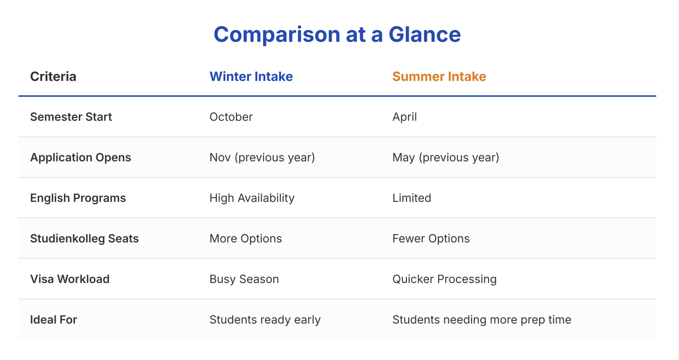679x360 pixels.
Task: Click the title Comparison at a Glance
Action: point(337,34)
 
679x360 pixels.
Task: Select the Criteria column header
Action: point(53,76)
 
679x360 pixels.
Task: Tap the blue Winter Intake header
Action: point(251,76)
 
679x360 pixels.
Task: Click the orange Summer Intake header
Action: point(439,76)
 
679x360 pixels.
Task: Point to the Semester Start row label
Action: point(71,117)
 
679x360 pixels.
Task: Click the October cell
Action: point(231,117)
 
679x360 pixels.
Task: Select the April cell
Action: point(405,117)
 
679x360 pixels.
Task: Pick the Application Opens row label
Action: point(81,157)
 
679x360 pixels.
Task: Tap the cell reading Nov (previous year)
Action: point(262,157)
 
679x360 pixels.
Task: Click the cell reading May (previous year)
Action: point(446,157)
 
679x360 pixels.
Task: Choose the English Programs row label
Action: point(78,198)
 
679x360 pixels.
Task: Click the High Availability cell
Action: point(252,198)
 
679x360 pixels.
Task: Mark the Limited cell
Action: point(412,198)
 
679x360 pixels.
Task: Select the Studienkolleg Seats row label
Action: point(85,239)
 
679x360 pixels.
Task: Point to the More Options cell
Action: point(246,239)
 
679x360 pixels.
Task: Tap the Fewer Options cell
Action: point(431,239)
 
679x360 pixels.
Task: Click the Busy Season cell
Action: point(244,279)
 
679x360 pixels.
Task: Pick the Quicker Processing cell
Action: point(444,279)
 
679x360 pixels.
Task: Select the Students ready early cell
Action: point(265,320)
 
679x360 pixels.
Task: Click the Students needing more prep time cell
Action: point(482,320)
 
